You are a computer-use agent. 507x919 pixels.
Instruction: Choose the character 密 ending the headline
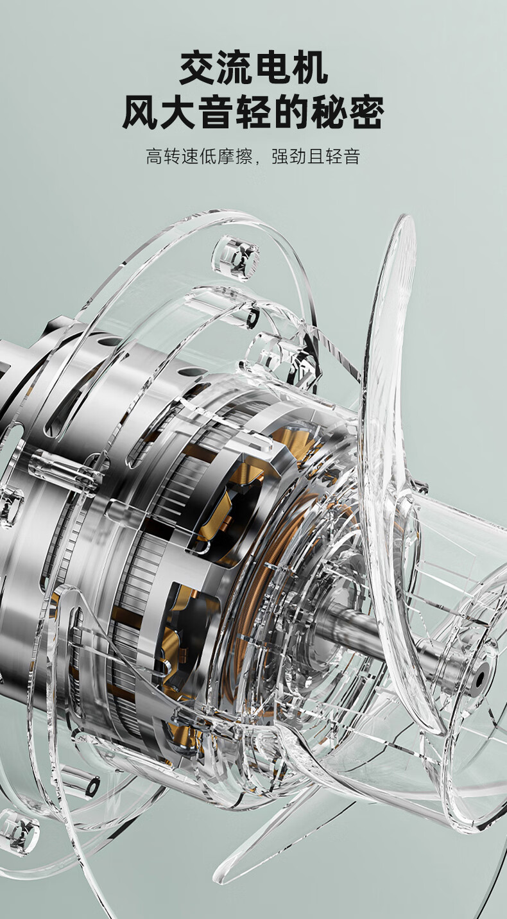point(366,112)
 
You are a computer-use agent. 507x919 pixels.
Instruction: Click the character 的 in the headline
point(291,112)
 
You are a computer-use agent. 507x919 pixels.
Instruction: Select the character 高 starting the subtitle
point(155,157)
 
